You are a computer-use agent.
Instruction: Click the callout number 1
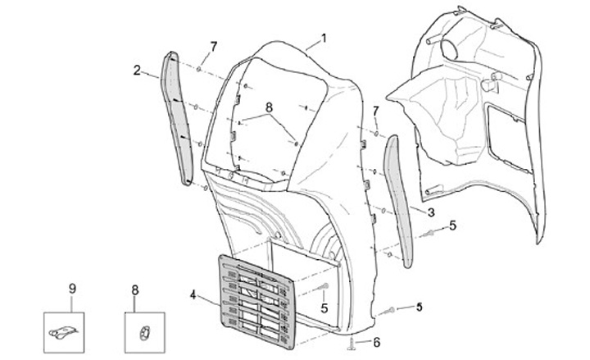coord(324,37)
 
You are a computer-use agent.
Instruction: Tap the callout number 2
coord(137,70)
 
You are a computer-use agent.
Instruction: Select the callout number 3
coord(430,212)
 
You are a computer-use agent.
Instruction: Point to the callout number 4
coord(193,294)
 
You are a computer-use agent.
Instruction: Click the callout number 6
coord(376,341)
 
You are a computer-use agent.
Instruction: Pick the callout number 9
coord(71,288)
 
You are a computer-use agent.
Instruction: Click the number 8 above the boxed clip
coord(135,289)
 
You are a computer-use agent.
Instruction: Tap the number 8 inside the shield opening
coord(268,107)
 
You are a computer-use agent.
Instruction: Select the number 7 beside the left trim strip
coord(213,45)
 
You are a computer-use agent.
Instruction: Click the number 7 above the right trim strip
coord(375,110)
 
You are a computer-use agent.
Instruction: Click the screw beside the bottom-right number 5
coord(391,310)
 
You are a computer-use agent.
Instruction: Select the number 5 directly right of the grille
coord(324,308)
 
